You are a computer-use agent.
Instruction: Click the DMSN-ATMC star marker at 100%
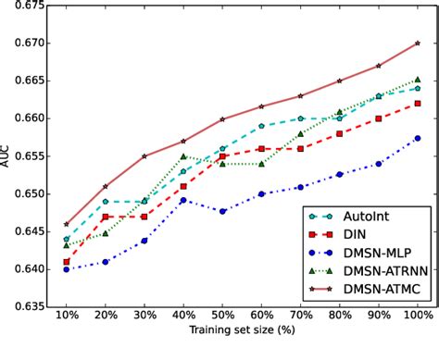click(417, 43)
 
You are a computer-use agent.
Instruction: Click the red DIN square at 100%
click(417, 104)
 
